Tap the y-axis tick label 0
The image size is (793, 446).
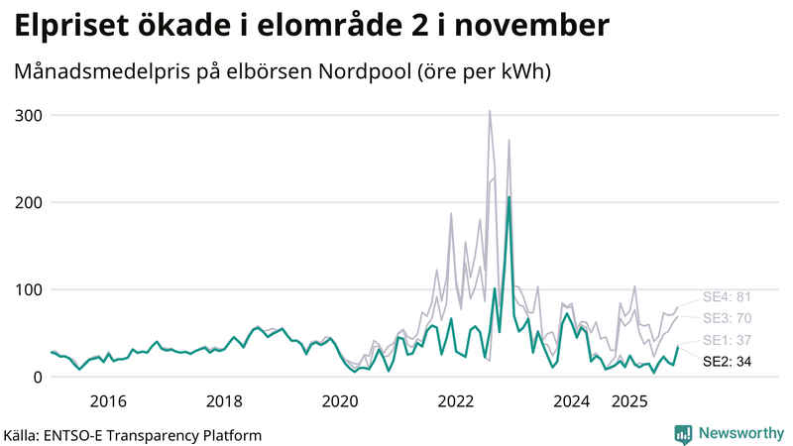38,377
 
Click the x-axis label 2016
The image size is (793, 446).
108,401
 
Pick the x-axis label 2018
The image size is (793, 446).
224,401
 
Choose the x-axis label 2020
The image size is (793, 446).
340,401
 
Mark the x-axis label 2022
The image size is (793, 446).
456,401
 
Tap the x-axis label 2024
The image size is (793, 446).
572,401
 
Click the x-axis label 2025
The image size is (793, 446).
629,401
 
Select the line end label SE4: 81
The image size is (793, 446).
727,296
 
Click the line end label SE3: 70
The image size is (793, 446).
727,318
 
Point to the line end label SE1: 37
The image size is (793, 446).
727,341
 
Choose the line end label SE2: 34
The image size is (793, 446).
727,362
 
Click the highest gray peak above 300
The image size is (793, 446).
490,112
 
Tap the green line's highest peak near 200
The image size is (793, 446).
509,197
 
